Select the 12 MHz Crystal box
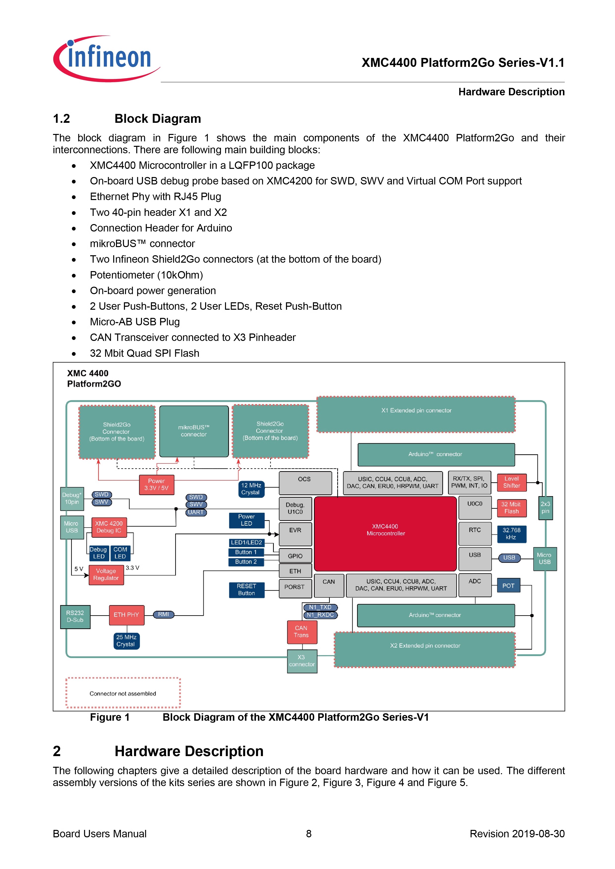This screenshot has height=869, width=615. coord(251,489)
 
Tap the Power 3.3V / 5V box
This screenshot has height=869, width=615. coord(156,485)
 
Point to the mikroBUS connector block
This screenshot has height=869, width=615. coord(194,431)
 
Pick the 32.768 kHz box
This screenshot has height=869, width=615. coord(511,534)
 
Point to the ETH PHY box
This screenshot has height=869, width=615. coord(126,615)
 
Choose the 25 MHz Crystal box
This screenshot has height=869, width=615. coord(126,641)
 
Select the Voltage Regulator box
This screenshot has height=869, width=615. coord(106,575)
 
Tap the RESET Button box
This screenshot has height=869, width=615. coord(247,590)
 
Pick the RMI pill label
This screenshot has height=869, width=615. coord(164,614)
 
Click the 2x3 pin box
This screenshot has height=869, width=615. coord(545,508)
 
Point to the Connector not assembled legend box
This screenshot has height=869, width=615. coord(123,693)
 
